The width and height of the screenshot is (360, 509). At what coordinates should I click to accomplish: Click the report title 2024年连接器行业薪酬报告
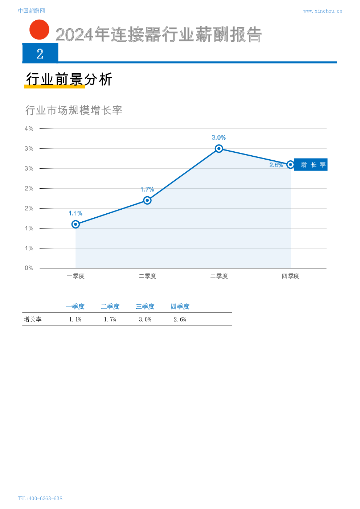coord(159,35)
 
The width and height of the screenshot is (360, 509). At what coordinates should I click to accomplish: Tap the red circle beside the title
coord(39,30)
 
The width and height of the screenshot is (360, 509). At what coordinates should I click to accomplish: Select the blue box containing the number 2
coord(40,53)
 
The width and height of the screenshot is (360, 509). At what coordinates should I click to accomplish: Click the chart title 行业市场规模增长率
coord(74,110)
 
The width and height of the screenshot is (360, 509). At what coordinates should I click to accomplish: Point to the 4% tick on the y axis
coord(29,128)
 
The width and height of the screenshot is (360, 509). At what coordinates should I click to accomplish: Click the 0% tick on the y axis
coord(29,268)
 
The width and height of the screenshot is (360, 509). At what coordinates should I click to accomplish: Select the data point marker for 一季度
coord(75,224)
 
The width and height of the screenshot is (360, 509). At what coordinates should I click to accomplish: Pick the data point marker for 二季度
coord(147,200)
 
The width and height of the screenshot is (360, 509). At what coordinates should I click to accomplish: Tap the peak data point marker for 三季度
coord(219,148)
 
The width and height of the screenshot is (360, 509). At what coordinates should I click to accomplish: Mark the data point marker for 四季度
coord(290,165)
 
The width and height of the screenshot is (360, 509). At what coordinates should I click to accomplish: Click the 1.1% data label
coord(75,213)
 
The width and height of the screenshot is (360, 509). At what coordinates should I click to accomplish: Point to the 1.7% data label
coord(147,189)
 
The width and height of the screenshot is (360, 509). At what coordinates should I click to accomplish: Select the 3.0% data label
coord(219,137)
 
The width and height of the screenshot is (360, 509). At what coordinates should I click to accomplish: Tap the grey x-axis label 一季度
coord(75,276)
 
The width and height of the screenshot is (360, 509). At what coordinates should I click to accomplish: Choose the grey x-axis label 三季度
coord(219,276)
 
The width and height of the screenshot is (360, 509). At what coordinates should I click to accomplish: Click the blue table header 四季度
coord(180,307)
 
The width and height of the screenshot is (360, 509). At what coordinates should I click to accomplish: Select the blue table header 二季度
coord(110,307)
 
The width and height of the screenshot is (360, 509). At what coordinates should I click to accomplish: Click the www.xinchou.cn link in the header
coord(322,11)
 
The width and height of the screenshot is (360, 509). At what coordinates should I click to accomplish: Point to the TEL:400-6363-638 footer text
coord(40,498)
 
